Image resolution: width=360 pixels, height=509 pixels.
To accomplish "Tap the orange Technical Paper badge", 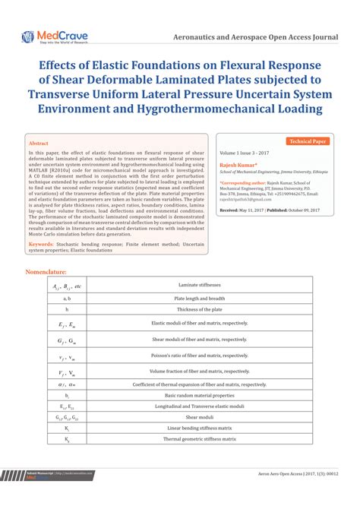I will (x=308, y=141).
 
